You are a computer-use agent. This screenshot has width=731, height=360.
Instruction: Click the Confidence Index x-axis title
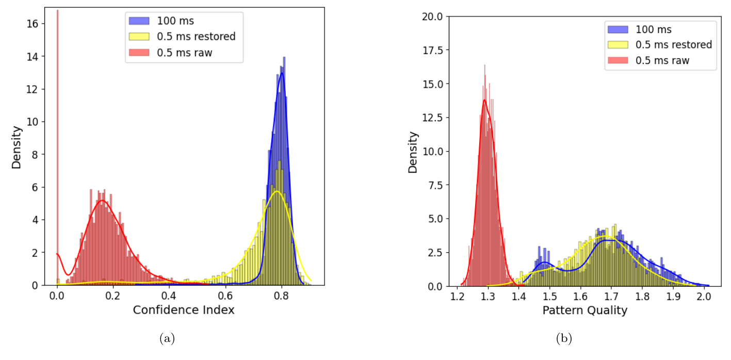(183, 310)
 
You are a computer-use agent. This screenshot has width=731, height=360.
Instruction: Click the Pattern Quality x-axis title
(584, 310)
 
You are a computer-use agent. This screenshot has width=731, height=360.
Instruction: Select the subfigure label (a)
(168, 338)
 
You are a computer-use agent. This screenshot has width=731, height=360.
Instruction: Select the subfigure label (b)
(564, 338)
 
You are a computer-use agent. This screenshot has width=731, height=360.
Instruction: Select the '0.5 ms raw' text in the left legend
(185, 52)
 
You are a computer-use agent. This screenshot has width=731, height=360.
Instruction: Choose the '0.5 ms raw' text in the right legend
(662, 60)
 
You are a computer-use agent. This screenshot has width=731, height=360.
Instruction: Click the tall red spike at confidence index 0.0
(57, 103)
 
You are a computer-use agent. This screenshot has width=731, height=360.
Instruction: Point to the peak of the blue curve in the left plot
(281, 73)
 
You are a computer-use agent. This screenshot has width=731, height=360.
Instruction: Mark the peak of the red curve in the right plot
(484, 100)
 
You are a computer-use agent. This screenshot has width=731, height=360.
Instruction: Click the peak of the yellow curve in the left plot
(277, 191)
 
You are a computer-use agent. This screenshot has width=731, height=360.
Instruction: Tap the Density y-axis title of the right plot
(413, 152)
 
